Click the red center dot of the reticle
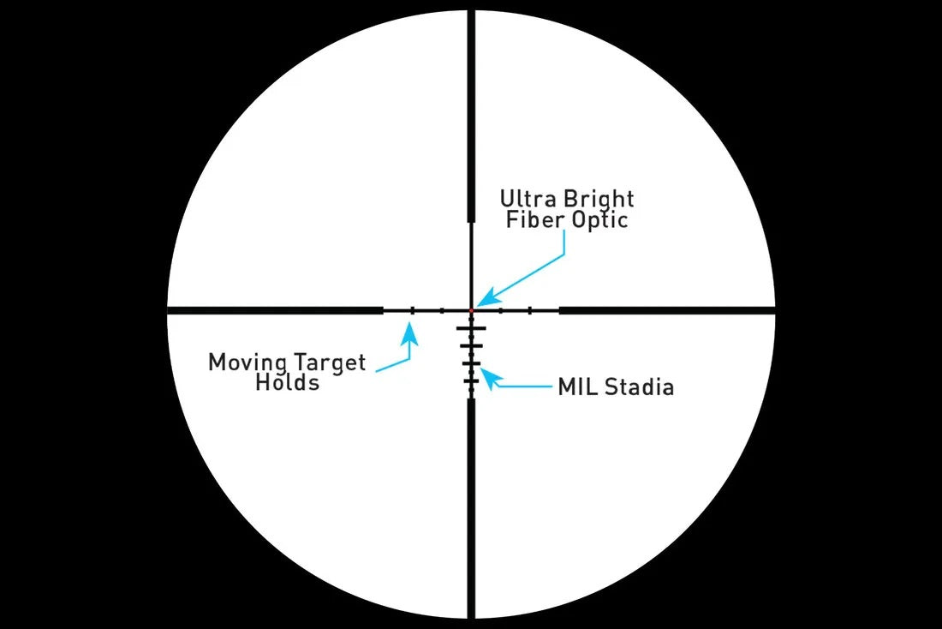coord(471,309)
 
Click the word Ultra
coord(524,200)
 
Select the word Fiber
coord(531,220)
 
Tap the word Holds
coord(288,383)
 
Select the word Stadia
coord(638,387)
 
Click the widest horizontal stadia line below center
coord(471,328)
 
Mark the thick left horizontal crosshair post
coord(274,309)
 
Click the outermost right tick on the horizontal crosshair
coord(530,309)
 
